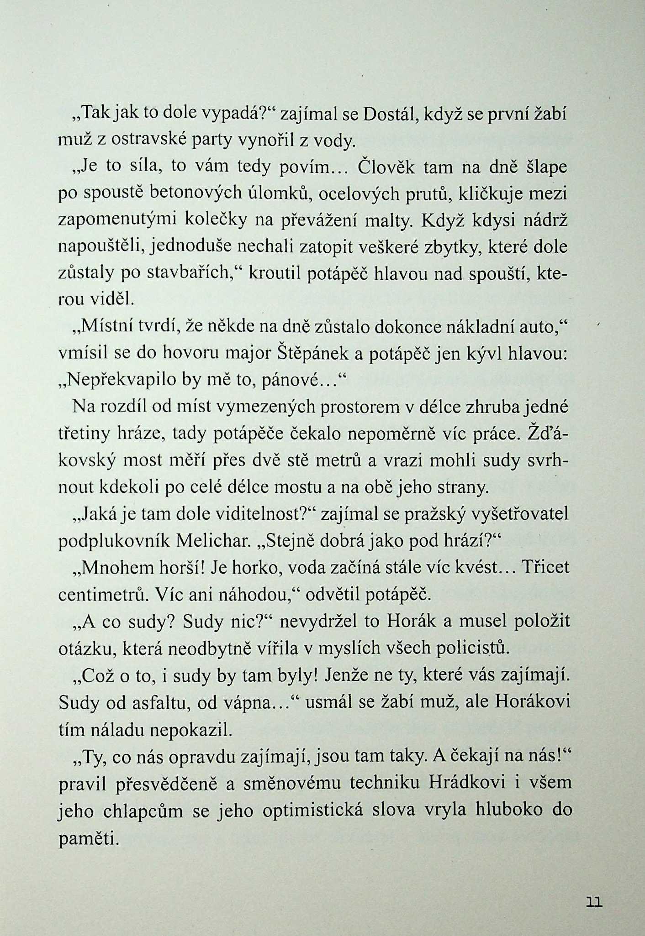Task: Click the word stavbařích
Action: (190, 273)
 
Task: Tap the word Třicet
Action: (545, 567)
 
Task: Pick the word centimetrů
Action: (103, 594)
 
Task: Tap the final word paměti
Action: (88, 837)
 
